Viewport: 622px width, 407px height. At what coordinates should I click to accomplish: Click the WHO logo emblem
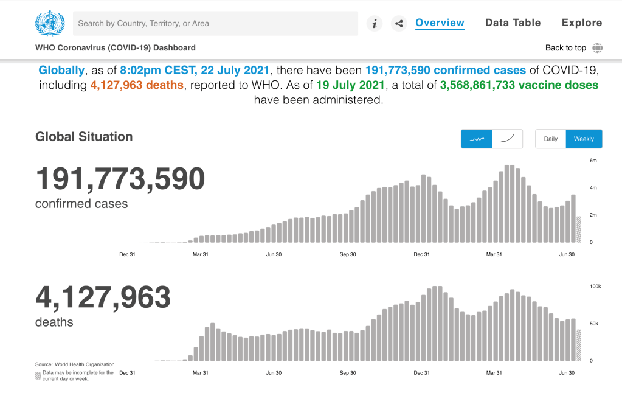(49, 24)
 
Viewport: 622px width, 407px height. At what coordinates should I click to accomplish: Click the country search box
(215, 24)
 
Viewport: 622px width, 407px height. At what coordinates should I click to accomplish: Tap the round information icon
(375, 24)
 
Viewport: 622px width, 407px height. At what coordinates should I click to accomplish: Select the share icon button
(399, 24)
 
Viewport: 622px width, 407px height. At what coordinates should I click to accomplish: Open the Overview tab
(440, 23)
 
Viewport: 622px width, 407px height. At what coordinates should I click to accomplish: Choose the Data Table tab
(513, 23)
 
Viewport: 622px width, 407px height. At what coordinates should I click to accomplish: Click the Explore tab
(582, 23)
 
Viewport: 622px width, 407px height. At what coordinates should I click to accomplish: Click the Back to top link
(565, 48)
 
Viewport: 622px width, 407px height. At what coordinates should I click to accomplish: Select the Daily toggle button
(550, 139)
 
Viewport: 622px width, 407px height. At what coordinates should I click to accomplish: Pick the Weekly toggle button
(584, 139)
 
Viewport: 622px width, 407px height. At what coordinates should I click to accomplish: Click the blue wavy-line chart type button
(477, 139)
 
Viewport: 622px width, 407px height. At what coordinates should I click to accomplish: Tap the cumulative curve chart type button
(507, 139)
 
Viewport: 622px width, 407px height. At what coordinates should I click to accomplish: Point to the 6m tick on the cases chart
(593, 161)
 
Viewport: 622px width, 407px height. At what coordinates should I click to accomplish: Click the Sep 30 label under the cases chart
(347, 255)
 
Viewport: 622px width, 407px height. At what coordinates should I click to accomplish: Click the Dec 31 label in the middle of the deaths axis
(422, 373)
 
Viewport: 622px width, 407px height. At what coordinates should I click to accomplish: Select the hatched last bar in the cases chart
(579, 229)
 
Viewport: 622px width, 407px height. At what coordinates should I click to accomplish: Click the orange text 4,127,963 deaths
(137, 85)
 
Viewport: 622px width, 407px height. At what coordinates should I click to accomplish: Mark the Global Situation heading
(84, 137)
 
